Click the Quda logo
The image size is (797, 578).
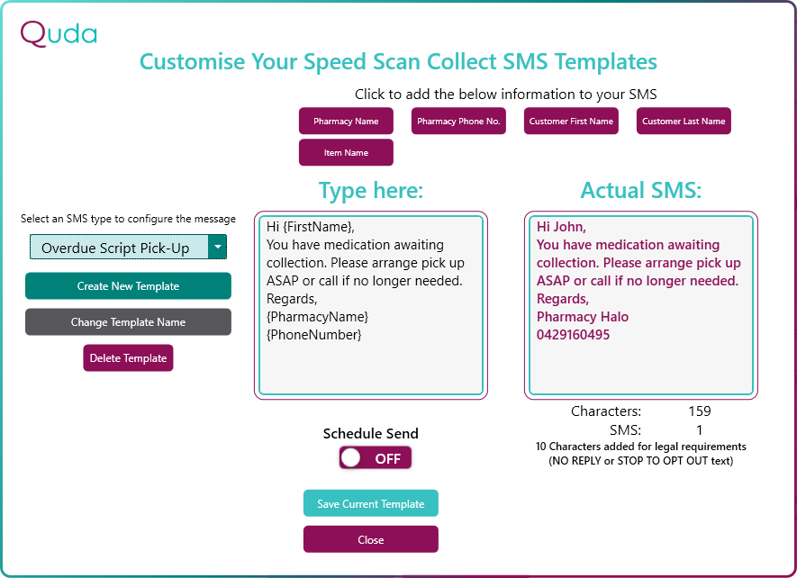point(59,34)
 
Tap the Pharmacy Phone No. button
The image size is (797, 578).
point(458,121)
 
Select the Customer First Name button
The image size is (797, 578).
point(571,121)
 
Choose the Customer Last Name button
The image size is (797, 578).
point(684,121)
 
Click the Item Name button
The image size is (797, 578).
point(346,152)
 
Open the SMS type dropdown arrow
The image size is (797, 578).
point(218,247)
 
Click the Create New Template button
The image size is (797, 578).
point(128,286)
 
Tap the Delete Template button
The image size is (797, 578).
point(128,358)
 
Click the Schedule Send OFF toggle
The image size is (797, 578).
point(376,458)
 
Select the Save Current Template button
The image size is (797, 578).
point(370,503)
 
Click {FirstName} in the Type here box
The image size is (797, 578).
point(319,227)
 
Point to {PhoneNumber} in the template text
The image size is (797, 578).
point(314,335)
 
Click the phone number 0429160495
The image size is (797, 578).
point(574,335)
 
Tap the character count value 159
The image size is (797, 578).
point(700,411)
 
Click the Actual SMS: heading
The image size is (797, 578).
point(641,191)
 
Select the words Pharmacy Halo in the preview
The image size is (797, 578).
point(583,317)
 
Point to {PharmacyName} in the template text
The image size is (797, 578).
point(318,317)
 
